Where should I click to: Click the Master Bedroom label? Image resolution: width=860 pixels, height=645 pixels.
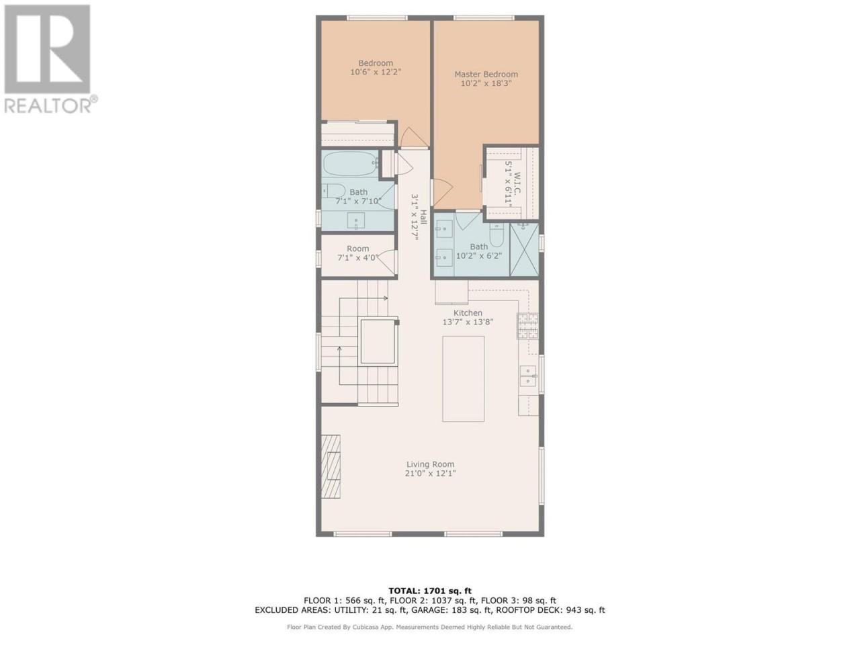[x=486, y=74]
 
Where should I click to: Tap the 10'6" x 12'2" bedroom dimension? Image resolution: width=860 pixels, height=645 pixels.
[x=376, y=72]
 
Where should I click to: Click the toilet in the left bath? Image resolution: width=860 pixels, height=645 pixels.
[x=333, y=191]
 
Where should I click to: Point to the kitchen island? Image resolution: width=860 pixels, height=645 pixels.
[x=463, y=379]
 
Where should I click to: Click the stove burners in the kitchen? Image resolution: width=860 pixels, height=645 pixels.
[x=527, y=325]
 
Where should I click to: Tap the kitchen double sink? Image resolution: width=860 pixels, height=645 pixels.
[x=528, y=375]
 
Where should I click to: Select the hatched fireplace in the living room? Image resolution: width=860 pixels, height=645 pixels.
[x=331, y=466]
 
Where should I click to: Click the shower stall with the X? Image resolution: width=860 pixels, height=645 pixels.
[x=524, y=249]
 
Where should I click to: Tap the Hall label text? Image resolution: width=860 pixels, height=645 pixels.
[x=423, y=218]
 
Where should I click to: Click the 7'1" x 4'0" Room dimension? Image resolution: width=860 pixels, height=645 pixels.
[x=357, y=258]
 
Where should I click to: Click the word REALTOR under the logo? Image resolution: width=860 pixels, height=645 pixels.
[x=48, y=105]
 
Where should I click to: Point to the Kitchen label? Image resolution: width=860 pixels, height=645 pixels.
[x=468, y=312]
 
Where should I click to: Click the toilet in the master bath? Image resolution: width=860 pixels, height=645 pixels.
[x=497, y=235]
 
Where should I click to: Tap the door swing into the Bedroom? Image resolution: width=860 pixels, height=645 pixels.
[x=413, y=137]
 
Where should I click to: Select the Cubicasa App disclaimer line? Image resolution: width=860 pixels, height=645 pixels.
[x=430, y=627]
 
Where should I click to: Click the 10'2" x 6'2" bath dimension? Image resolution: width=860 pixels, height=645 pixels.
[x=479, y=256]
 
